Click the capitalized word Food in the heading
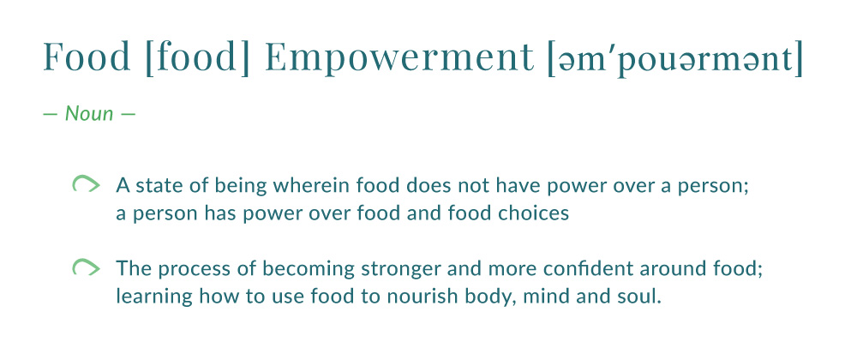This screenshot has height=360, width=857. [x=87, y=57]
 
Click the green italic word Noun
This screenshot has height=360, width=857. [x=89, y=114]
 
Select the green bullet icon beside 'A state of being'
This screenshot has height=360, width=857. [x=86, y=184]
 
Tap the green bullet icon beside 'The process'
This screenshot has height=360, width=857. [x=86, y=267]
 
